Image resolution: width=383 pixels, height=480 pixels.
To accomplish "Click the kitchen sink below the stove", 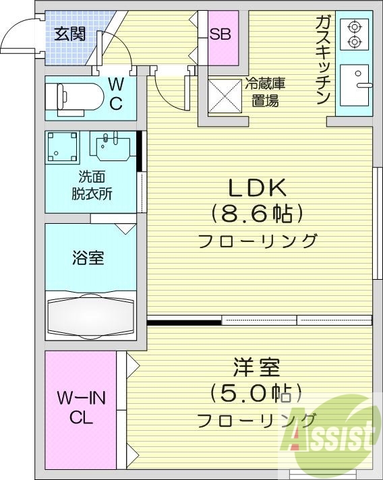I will pos(354,85).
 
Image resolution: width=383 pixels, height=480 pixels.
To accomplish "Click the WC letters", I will pos(115,94).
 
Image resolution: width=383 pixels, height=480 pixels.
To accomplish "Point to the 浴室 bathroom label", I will pos(88,257).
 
